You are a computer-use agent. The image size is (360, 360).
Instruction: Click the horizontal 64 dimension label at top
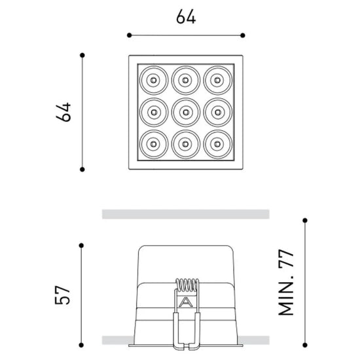tap(186, 16)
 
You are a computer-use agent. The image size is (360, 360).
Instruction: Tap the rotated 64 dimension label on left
tap(63, 112)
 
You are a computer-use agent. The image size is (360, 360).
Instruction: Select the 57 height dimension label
tap(62, 295)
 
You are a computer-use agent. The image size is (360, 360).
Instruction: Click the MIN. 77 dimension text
tap(286, 283)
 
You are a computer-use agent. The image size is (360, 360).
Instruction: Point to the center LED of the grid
tap(186, 113)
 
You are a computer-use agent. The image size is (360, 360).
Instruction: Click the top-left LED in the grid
tap(154, 80)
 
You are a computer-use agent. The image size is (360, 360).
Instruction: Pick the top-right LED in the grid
tap(218, 80)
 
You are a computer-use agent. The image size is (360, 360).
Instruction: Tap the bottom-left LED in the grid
tap(154, 144)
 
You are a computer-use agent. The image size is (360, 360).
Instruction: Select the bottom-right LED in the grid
tap(218, 144)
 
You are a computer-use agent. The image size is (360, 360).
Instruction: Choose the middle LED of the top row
tap(186, 80)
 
